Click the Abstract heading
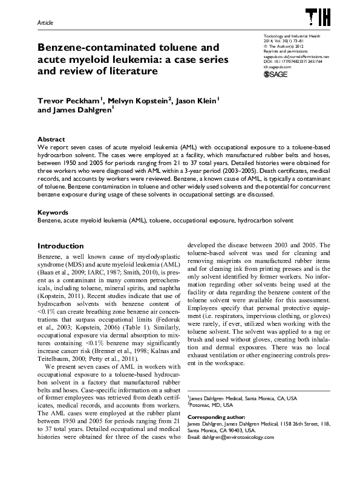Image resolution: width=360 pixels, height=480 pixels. (51, 139)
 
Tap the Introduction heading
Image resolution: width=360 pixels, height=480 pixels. (61, 246)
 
